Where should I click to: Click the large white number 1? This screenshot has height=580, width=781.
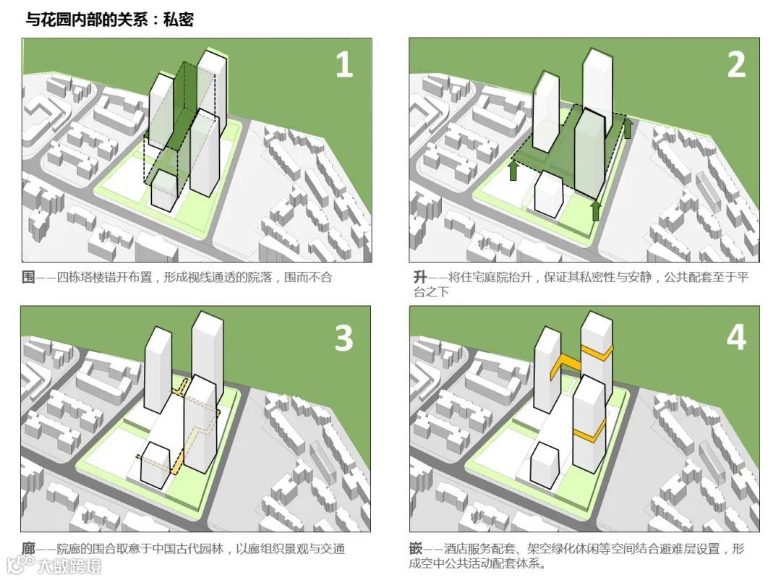[344, 65]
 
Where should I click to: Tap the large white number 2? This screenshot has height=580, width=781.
[736, 65]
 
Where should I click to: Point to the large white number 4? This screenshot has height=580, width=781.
[736, 337]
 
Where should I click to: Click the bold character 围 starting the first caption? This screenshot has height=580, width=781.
[28, 277]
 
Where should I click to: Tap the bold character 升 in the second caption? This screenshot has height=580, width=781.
[420, 277]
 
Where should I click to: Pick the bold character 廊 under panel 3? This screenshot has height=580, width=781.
[28, 549]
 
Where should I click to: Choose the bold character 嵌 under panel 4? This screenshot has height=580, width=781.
[416, 549]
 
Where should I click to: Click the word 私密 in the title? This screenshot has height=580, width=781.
[179, 20]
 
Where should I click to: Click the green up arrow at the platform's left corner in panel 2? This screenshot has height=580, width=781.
[513, 170]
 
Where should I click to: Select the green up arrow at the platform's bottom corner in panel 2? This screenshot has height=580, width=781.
[596, 210]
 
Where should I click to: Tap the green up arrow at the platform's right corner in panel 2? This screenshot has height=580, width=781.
[628, 128]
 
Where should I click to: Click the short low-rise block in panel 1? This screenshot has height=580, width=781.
[164, 190]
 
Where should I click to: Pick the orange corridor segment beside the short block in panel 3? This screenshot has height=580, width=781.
[177, 462]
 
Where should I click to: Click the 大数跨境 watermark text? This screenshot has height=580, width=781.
[69, 566]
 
